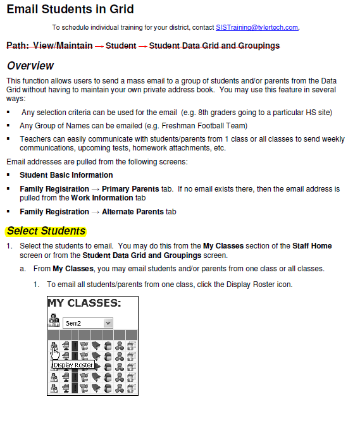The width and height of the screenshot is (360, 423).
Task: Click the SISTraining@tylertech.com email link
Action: click(256, 28)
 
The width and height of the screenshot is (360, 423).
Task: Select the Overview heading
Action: click(30, 66)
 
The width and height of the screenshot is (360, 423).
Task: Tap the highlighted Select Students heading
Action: click(46, 231)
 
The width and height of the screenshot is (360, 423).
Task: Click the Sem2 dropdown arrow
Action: click(108, 323)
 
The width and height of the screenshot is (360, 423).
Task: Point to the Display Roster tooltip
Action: click(73, 365)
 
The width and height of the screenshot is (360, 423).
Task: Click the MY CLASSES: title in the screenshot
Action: click(84, 303)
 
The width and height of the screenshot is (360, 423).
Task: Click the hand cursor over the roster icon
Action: click(56, 353)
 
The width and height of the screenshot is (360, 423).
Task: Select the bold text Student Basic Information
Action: click(66, 175)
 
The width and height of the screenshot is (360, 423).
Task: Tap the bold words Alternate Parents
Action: click(133, 212)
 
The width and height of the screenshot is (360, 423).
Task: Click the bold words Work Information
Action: click(98, 197)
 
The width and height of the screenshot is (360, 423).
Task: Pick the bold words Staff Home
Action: click(312, 246)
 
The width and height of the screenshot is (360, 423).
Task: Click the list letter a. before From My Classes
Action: click(23, 269)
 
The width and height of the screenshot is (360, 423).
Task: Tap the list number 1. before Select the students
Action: click(9, 246)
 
